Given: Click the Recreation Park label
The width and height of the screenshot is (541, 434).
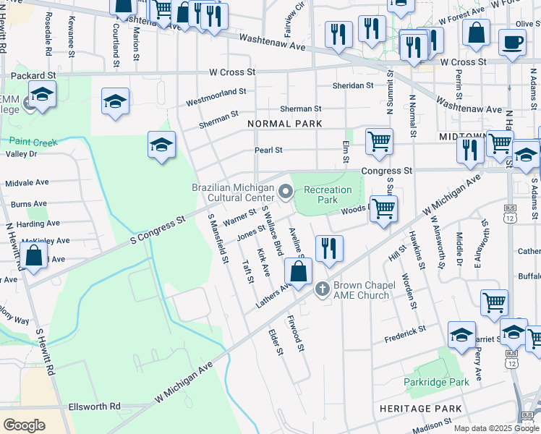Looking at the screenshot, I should tap(328, 195).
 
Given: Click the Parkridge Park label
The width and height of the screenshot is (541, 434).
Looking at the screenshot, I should tap(434, 381).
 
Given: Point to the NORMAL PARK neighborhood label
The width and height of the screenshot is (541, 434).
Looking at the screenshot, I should tap(284, 124).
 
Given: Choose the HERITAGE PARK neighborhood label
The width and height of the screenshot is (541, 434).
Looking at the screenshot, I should tap(420, 409).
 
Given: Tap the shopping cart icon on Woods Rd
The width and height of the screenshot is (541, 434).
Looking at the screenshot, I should tap(383, 208).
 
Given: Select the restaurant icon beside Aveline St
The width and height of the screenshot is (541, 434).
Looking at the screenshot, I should tap(329, 248).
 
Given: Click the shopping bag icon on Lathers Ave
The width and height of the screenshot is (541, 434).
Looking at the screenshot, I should tap(298, 271).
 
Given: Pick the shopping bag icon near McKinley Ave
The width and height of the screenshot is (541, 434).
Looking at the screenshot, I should tap(33, 255).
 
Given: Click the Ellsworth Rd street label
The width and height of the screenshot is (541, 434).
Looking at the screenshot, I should tap(95, 407).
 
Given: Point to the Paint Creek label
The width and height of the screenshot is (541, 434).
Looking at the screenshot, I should tap(33, 142).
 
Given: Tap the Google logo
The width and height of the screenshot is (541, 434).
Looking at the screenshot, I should tap(25, 424).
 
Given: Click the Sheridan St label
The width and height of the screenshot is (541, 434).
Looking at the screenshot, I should tap(352, 85).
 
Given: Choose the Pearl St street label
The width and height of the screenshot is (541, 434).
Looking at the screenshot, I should tap(268, 150).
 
